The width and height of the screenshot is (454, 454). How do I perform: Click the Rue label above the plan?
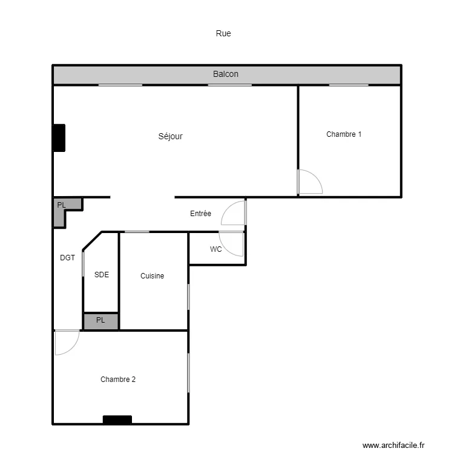coord(223,33)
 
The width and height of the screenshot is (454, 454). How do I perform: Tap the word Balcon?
coord(226,74)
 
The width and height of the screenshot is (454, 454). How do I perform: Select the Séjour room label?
coord(170,136)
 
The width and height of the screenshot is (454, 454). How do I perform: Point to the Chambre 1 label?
coord(344,134)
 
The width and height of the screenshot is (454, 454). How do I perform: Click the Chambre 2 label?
coord(118,380)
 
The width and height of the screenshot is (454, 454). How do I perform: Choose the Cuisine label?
coord(152,275)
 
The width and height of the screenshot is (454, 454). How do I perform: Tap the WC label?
coord(215,249)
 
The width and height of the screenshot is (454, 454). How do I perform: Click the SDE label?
coord(102,274)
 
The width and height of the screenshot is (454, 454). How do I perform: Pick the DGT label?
coord(67,258)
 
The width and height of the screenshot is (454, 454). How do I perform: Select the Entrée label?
coord(200,214)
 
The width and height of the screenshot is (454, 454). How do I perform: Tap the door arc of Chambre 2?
coord(73,348)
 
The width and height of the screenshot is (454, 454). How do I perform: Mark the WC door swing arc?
coord(226,248)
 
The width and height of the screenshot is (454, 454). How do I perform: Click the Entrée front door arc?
coord(228,207)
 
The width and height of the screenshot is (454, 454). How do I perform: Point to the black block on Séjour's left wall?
coord(59,138)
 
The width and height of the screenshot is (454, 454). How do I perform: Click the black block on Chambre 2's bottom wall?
coord(117,420)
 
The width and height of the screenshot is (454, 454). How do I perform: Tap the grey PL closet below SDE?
coord(100,321)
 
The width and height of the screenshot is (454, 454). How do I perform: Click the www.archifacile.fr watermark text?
coord(393,445)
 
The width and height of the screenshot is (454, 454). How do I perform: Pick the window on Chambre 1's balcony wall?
coord(349,85)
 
